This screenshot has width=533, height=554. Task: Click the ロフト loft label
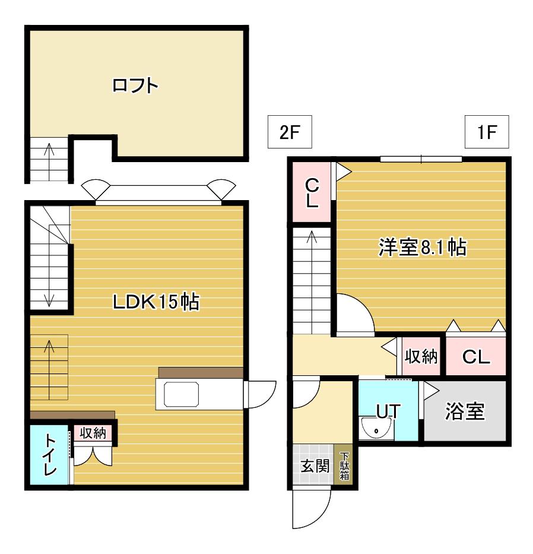135,85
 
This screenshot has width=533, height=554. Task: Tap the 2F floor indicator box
290,132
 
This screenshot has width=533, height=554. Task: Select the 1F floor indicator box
487,132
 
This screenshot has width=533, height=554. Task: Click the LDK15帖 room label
156,302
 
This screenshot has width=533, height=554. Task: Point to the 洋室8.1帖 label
423,247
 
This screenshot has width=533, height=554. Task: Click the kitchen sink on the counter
181,394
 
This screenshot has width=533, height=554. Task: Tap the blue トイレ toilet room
49,455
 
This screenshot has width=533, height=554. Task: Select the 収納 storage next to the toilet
93,433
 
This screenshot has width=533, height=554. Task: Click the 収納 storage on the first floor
421,356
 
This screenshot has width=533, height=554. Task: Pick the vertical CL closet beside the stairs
312,192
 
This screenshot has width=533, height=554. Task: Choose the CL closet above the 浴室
476,356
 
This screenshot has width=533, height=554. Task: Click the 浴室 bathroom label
465,411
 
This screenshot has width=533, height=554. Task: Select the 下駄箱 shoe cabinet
344,466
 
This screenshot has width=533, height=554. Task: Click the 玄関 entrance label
315,466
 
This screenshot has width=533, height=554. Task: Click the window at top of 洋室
421,159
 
